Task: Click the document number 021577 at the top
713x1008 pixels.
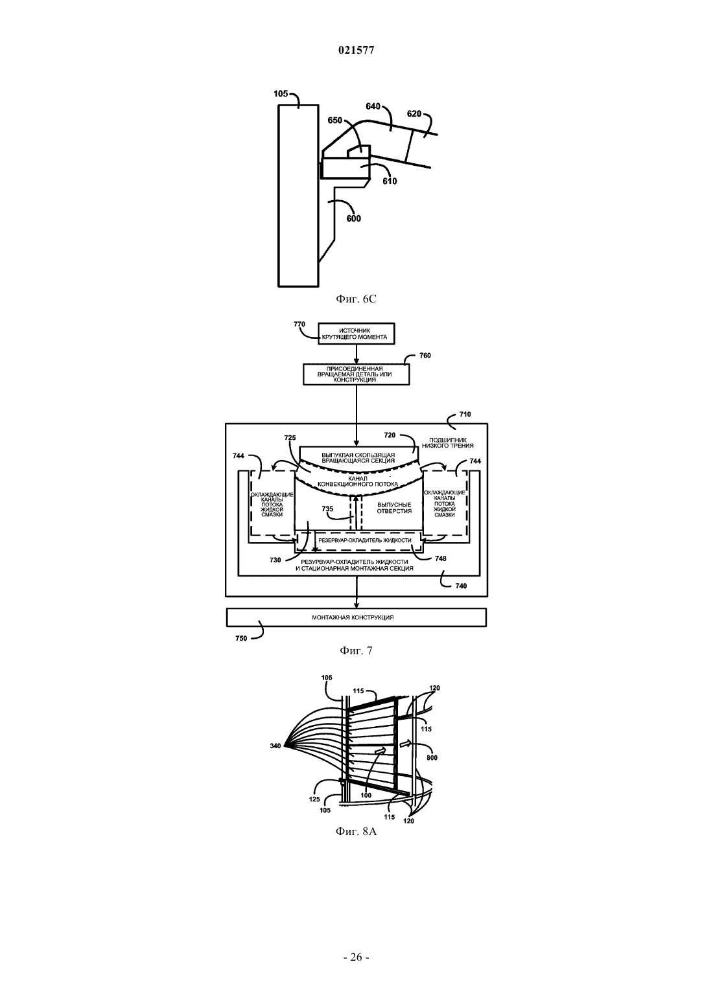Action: pos(356,51)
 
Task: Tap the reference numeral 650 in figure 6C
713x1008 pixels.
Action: pos(335,120)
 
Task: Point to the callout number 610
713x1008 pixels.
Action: pos(390,181)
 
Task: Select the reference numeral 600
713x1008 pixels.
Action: pos(353,219)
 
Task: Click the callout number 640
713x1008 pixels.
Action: pos(373,107)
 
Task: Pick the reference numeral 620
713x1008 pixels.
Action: pos(414,114)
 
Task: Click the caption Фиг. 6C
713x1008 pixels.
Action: pos(356,299)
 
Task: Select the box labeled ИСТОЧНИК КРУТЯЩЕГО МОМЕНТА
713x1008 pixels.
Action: pos(356,334)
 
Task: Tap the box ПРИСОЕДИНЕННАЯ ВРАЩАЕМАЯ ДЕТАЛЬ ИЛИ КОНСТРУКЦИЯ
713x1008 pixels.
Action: pos(356,374)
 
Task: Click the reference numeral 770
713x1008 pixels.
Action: pos(299,324)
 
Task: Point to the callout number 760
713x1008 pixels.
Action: pos(425,356)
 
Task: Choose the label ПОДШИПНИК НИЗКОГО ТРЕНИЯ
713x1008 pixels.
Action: pos(448,443)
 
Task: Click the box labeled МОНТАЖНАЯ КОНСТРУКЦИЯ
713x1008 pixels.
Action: pos(356,617)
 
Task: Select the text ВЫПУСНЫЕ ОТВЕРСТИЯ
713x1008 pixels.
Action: pos(394,508)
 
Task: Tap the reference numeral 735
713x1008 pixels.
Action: pos(328,509)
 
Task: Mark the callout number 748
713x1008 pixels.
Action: pos(441,558)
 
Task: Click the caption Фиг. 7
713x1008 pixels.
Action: pos(356,650)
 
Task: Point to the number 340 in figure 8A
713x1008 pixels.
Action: pos(275,746)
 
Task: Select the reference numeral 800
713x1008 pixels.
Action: pos(432,758)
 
